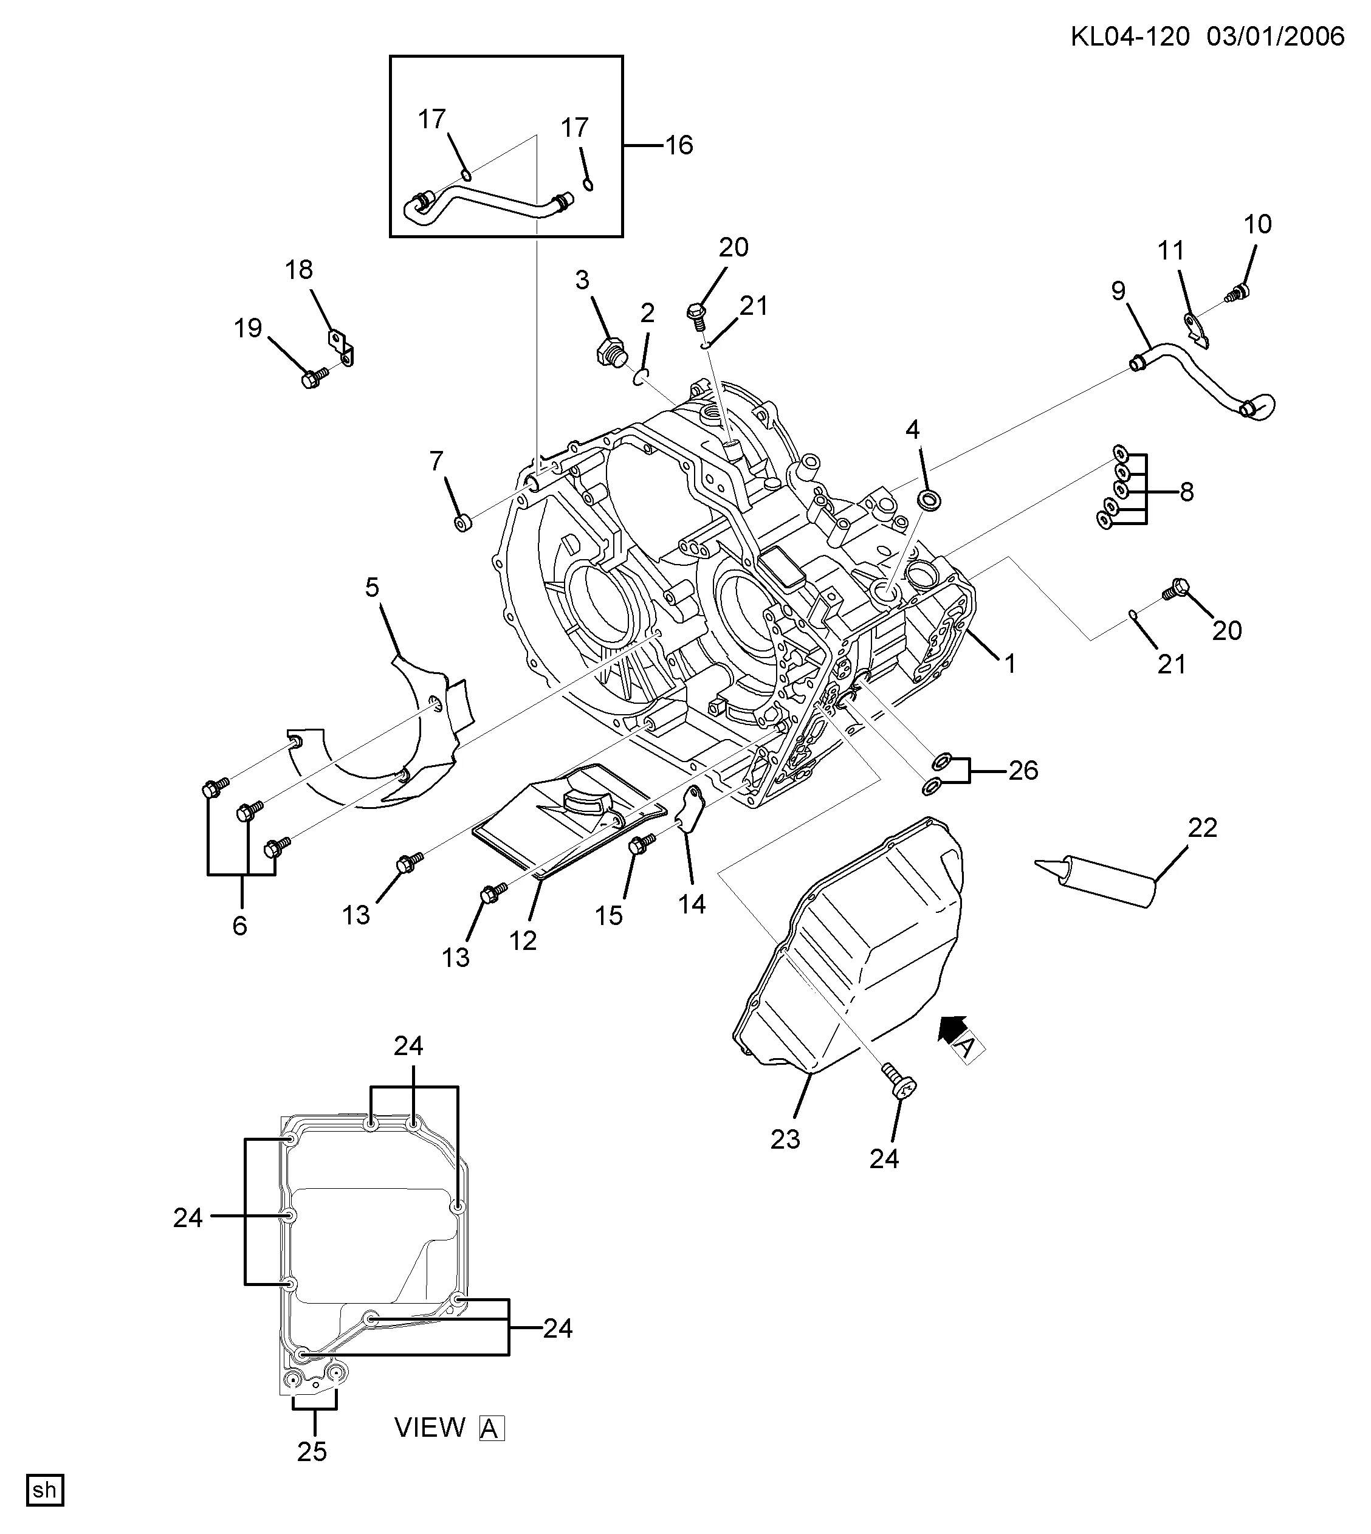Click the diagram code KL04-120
[x=1130, y=36]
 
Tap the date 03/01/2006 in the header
[x=1276, y=36]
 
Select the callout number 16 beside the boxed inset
[x=679, y=145]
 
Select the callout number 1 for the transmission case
[x=1009, y=663]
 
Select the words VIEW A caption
[x=449, y=1427]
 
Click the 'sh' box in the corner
[x=45, y=1490]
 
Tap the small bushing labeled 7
[x=462, y=522]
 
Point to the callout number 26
[x=1023, y=770]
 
